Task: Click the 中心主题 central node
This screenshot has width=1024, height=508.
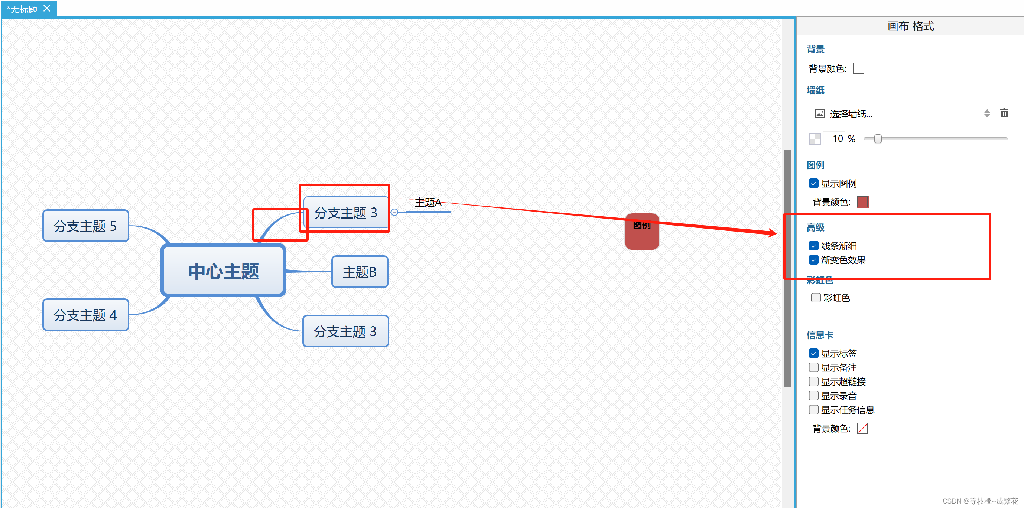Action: (223, 271)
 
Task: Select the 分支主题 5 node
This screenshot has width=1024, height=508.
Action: (85, 226)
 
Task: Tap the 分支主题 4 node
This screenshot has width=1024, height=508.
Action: (85, 315)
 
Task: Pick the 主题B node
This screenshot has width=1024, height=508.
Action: (360, 272)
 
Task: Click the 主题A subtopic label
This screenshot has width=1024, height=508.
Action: (428, 203)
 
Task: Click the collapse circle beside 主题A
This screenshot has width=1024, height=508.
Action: (394, 213)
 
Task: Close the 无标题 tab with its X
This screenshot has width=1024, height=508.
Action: (47, 8)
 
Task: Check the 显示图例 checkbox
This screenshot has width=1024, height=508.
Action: (814, 184)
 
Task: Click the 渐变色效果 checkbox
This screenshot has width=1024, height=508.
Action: (814, 260)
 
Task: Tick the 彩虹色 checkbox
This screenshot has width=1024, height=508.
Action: (816, 298)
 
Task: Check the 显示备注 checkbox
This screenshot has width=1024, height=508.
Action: (814, 367)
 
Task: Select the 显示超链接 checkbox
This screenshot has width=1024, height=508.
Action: (814, 382)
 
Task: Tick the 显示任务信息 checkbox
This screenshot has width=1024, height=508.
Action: (814, 410)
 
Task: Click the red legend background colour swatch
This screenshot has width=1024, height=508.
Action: (862, 202)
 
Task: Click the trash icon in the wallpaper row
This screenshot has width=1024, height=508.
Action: (1004, 114)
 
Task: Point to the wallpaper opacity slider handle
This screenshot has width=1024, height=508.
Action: (878, 139)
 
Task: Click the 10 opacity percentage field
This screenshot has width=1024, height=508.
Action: (835, 139)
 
